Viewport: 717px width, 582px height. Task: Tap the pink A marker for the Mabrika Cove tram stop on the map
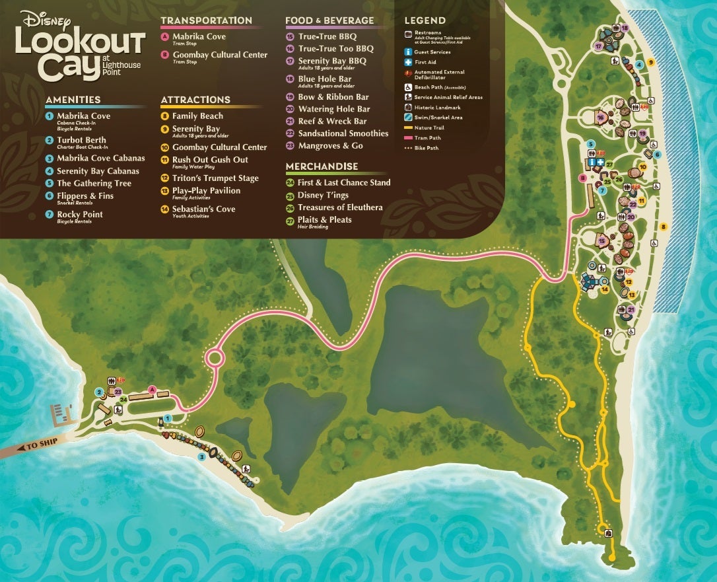153,390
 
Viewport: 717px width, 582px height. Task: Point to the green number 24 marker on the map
123,400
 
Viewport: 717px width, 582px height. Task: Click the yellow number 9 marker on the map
650,62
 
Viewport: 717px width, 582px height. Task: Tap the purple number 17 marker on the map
598,46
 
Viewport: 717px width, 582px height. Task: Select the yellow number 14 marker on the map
604,288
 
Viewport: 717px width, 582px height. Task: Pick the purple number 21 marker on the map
631,309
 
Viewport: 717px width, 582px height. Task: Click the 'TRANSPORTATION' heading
206,20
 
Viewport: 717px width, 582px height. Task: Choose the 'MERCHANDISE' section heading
322,166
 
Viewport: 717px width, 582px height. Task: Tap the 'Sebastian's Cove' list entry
203,209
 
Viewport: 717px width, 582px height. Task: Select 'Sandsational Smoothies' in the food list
343,133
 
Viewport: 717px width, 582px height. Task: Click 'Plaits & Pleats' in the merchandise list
324,220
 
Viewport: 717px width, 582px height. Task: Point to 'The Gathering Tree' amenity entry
94,184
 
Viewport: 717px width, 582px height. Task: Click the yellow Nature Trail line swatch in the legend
409,127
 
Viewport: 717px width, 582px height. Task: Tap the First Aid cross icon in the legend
409,62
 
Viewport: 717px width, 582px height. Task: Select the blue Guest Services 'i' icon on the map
592,161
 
